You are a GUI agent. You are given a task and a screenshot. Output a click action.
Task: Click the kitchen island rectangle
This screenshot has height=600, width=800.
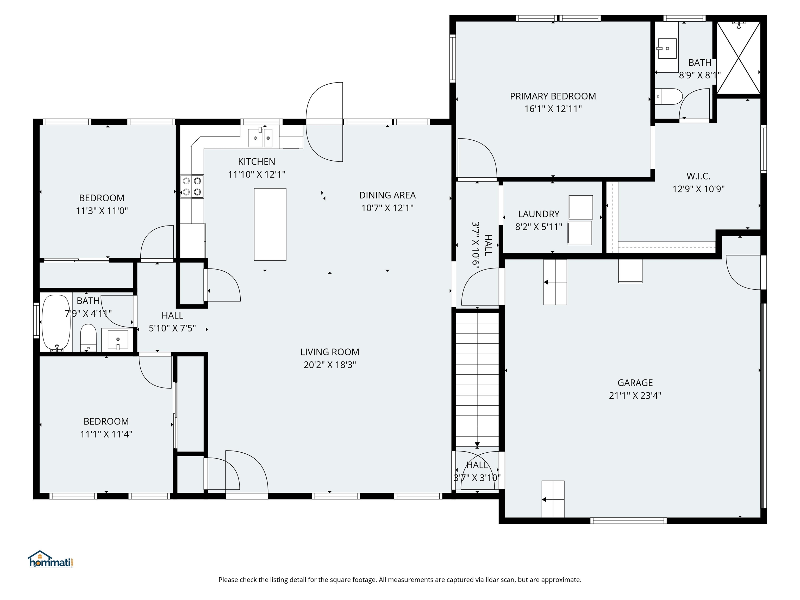click(x=270, y=224)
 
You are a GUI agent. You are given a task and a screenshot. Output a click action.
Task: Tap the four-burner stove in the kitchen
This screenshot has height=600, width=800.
click(x=192, y=186)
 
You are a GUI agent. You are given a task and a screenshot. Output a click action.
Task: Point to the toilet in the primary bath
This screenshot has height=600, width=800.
click(x=669, y=97)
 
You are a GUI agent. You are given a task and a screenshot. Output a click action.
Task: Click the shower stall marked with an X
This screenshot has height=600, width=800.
click(x=739, y=58)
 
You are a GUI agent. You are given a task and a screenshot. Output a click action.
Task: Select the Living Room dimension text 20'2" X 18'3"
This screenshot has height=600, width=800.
click(x=329, y=365)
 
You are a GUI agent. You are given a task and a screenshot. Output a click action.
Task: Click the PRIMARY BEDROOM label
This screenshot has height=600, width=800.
click(x=553, y=96)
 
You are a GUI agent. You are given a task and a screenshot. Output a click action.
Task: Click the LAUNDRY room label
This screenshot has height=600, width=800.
click(x=539, y=214)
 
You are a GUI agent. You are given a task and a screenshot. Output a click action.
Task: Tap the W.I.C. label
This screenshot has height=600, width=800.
click(x=698, y=177)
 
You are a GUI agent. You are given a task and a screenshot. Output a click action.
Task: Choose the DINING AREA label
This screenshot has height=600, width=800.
click(x=387, y=195)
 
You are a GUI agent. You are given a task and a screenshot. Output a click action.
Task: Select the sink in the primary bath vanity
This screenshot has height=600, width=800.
click(x=667, y=48)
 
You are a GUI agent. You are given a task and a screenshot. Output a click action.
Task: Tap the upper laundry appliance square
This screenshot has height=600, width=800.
click(x=580, y=207)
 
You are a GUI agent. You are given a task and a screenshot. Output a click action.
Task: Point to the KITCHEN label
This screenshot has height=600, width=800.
click(x=257, y=162)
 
